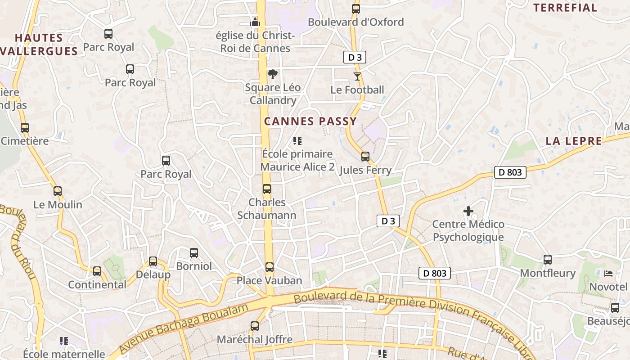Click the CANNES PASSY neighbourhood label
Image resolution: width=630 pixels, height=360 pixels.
[x=310, y=121]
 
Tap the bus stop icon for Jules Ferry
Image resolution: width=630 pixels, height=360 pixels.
[x=365, y=157]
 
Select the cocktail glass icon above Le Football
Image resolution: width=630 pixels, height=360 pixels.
[x=357, y=76]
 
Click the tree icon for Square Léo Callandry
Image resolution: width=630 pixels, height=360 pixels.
[x=272, y=74]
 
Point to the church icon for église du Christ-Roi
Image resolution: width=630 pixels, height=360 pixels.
[x=255, y=22]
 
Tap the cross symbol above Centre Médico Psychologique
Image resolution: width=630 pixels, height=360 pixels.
[x=468, y=211]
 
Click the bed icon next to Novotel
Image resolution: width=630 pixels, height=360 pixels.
[x=608, y=274]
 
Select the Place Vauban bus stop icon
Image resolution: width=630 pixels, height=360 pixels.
[x=269, y=267]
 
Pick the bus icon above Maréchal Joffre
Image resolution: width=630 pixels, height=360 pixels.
[x=255, y=326]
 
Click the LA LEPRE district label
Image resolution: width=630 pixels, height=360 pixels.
[x=574, y=141]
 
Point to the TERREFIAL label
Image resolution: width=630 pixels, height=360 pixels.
[x=565, y=8]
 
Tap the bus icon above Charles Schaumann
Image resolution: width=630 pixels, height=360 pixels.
[x=267, y=189]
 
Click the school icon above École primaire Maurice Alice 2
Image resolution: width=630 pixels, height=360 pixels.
[x=297, y=141]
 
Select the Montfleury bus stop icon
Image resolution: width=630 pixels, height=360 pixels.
[x=548, y=260]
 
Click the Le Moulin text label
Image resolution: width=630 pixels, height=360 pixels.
[x=58, y=205]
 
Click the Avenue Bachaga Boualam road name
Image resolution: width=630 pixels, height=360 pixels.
[x=184, y=328]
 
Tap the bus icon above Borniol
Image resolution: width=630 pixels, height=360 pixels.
[x=194, y=253]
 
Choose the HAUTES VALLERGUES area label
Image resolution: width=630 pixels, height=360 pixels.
[x=40, y=45]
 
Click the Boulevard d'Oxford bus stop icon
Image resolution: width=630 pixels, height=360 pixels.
[x=356, y=9]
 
